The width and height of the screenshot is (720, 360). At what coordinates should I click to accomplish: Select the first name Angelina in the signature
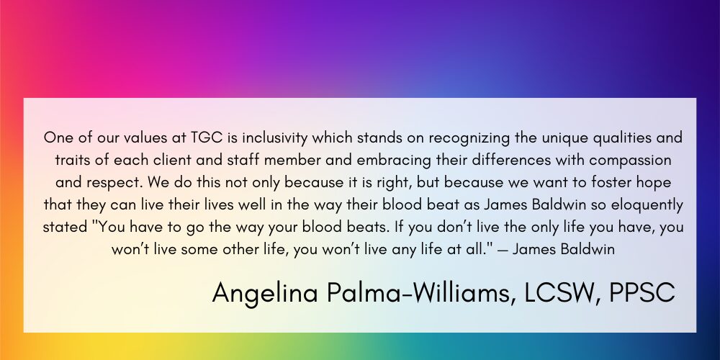(x=265, y=294)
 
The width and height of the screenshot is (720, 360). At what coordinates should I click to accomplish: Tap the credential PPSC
(x=643, y=292)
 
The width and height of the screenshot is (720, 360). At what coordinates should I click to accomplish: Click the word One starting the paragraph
(x=58, y=138)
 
